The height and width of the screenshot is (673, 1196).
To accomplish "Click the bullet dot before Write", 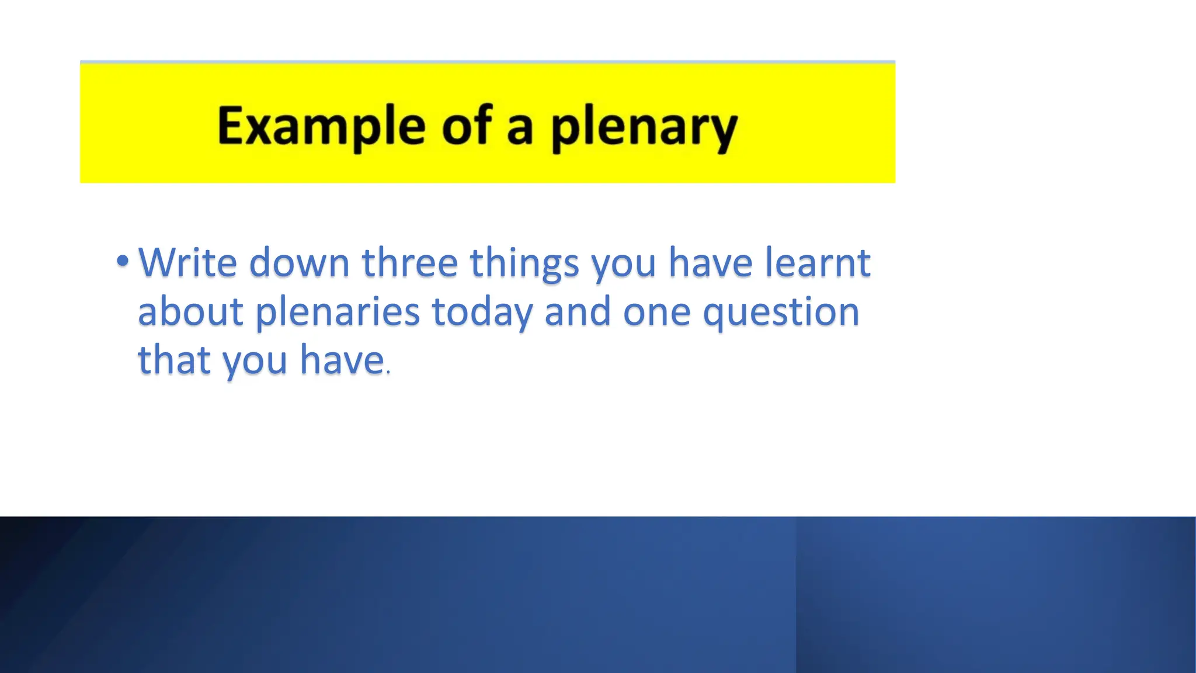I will [122, 261].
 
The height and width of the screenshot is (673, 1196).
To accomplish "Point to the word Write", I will [187, 262].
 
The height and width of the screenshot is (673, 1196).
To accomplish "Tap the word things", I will [524, 263].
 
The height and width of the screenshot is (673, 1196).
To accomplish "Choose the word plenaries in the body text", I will [338, 312].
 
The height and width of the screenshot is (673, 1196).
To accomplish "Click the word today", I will [482, 312].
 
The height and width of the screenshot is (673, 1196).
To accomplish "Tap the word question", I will [781, 312].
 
